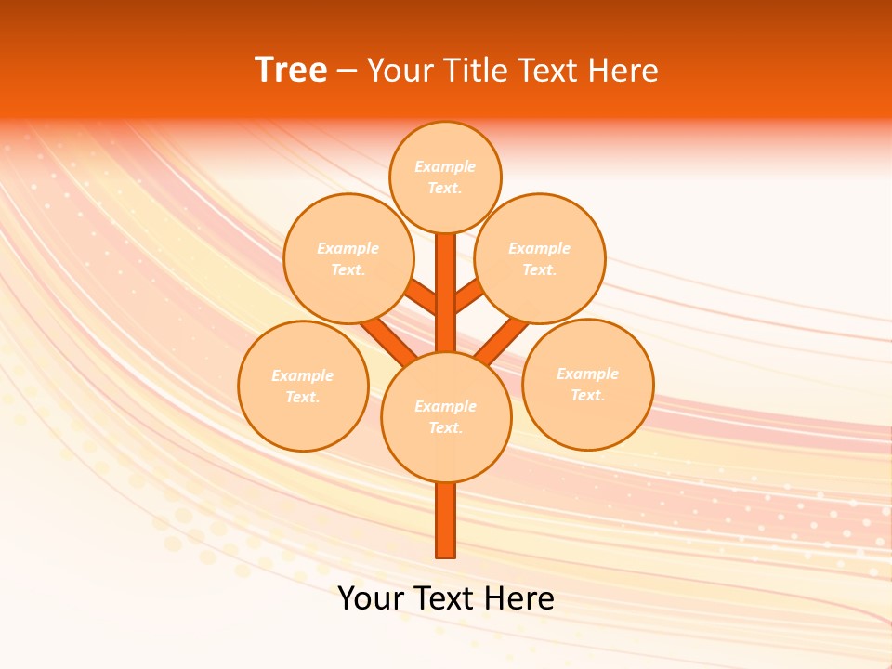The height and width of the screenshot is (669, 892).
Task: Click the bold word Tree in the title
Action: pyautogui.click(x=291, y=71)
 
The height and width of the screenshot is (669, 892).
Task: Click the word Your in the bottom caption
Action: pyautogui.click(x=371, y=598)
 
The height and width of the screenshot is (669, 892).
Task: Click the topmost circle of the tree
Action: pyautogui.click(x=445, y=177)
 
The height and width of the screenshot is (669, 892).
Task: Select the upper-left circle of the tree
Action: pyautogui.click(x=348, y=258)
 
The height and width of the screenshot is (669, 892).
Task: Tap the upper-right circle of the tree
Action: pyautogui.click(x=540, y=258)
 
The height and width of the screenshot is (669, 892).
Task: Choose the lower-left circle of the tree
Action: pyautogui.click(x=303, y=386)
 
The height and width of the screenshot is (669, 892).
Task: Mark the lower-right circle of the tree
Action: pyautogui.click(x=588, y=384)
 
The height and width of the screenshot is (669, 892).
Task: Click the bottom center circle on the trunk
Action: pyautogui.click(x=446, y=416)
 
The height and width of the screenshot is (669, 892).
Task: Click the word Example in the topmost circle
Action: pyautogui.click(x=445, y=166)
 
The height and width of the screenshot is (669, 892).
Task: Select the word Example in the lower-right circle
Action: pyautogui.click(x=587, y=374)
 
